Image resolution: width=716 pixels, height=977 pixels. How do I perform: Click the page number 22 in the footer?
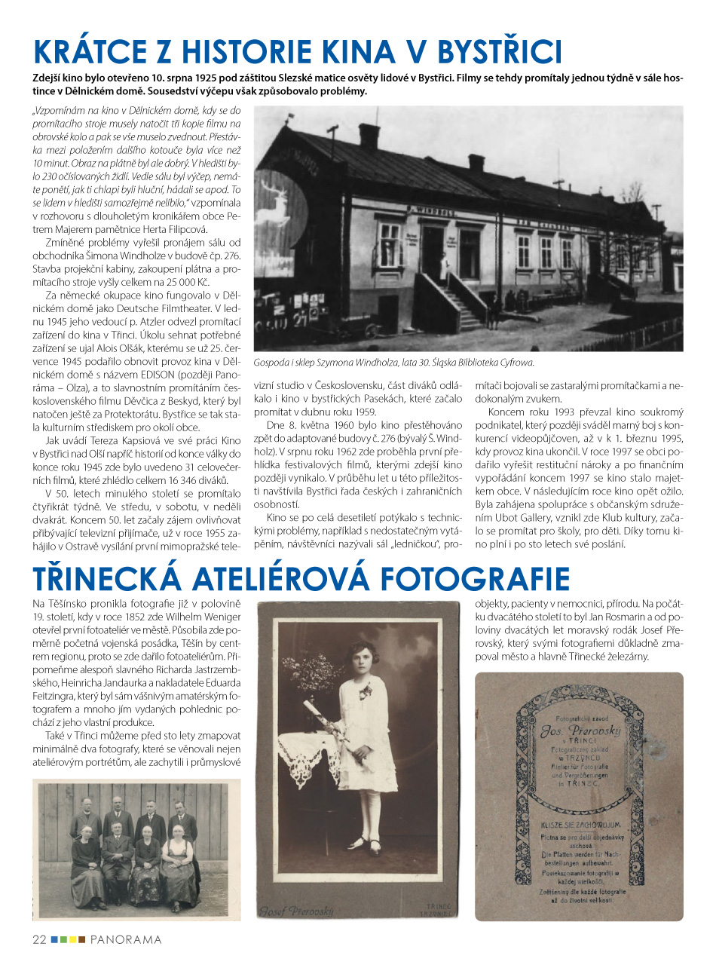(39, 939)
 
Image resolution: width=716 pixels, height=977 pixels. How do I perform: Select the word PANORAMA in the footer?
(126, 939)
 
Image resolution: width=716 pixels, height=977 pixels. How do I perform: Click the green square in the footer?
(63, 939)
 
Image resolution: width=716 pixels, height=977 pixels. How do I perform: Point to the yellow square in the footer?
(72, 939)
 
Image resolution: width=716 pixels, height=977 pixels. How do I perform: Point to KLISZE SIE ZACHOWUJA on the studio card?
(579, 825)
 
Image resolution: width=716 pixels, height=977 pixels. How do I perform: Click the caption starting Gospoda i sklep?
(393, 363)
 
